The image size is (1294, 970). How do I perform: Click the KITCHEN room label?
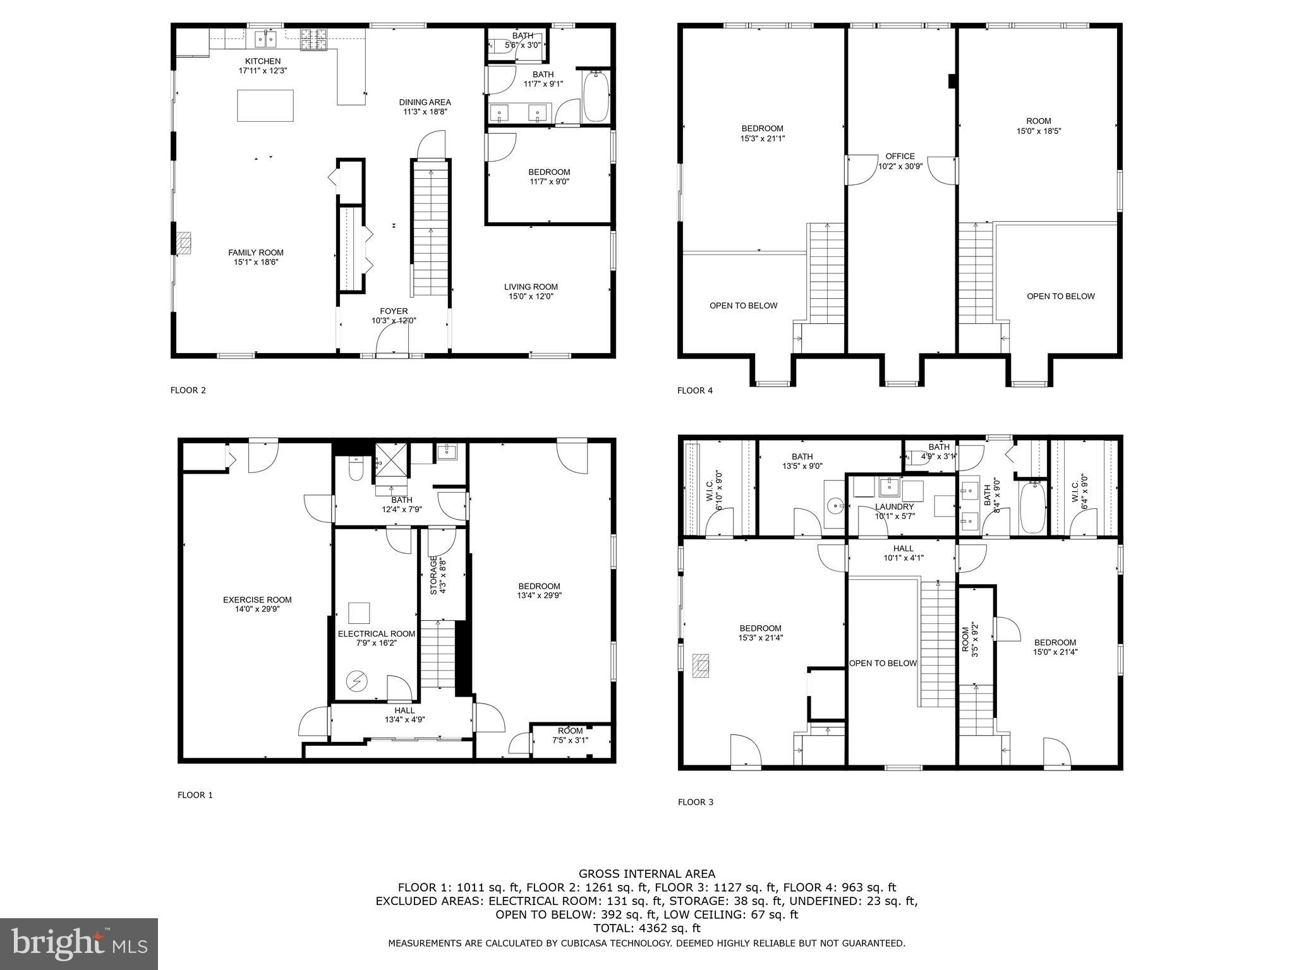[x=263, y=61]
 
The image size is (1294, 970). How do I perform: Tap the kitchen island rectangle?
[x=265, y=105]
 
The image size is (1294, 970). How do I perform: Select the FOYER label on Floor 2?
[x=394, y=311]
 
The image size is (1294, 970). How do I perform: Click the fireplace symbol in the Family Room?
[x=183, y=243]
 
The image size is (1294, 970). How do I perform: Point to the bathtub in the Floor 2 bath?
[x=595, y=97]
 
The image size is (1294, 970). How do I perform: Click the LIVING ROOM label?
[x=531, y=287]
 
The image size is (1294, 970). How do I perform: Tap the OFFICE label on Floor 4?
[x=900, y=157]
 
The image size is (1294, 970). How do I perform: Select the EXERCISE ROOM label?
[x=257, y=600]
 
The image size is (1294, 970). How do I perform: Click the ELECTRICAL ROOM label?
[x=377, y=634]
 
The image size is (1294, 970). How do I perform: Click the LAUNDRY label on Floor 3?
[x=894, y=507]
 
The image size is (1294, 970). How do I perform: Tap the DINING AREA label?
[x=425, y=102]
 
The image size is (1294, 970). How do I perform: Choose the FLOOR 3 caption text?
[x=695, y=802]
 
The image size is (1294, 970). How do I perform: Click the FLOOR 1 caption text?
[x=195, y=795]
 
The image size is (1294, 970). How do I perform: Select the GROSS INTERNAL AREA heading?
[x=647, y=874]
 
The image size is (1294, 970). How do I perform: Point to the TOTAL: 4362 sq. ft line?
[x=647, y=928]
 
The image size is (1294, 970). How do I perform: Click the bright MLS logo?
[x=79, y=943]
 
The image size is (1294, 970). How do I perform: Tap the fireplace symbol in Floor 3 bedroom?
[x=700, y=666]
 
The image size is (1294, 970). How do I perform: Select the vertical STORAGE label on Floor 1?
[x=434, y=575]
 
